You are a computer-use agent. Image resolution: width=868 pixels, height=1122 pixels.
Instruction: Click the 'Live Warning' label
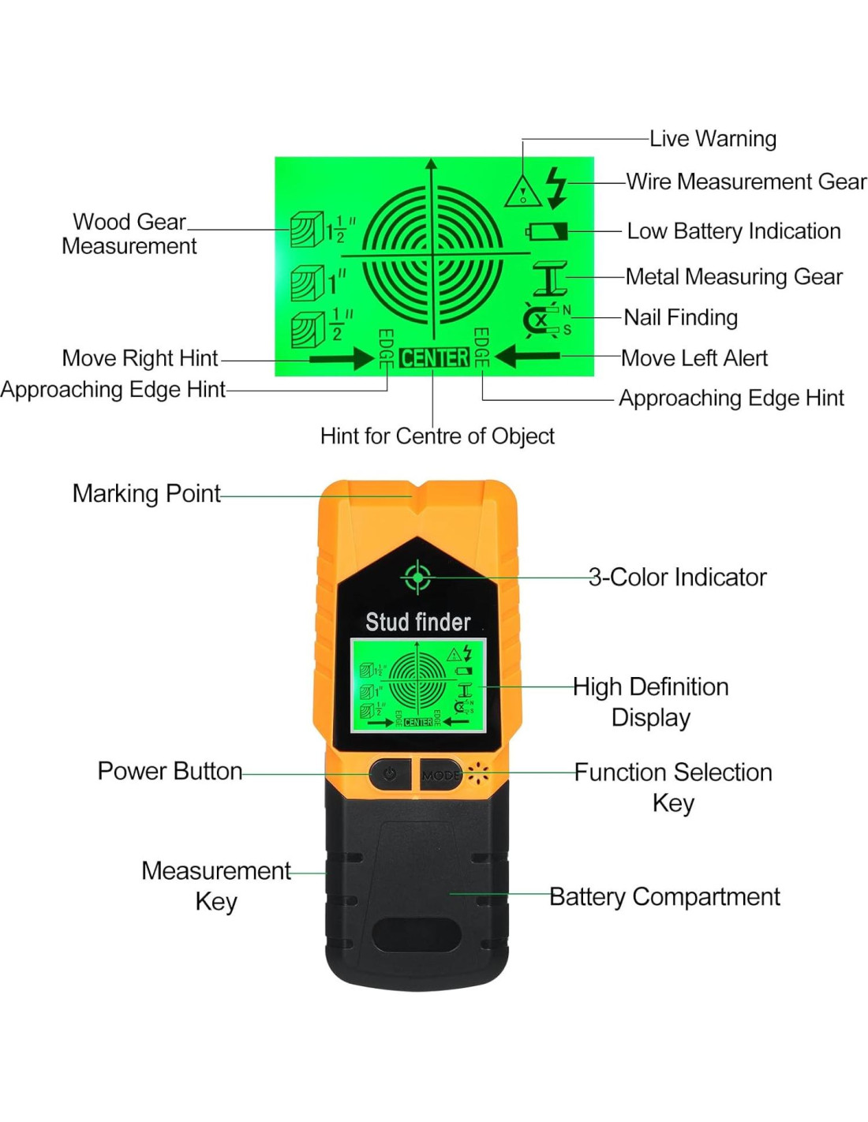pyautogui.click(x=712, y=139)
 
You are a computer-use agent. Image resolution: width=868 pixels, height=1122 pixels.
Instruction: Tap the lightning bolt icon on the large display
pyautogui.click(x=556, y=188)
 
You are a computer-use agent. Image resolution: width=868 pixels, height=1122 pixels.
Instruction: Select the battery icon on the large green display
pyautogui.click(x=547, y=231)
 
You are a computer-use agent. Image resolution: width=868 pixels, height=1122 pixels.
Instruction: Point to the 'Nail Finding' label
pyautogui.click(x=680, y=317)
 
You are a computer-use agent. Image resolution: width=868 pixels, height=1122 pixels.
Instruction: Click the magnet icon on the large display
pyautogui.click(x=540, y=320)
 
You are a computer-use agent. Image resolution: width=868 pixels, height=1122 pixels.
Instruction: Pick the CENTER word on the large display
pyautogui.click(x=434, y=357)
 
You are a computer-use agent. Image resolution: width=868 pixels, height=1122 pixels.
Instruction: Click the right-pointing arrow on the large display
pyautogui.click(x=342, y=358)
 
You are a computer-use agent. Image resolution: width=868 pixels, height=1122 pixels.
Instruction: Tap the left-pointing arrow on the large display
pyautogui.click(x=526, y=357)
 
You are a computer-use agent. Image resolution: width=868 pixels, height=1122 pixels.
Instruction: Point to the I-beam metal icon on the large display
pyautogui.click(x=550, y=279)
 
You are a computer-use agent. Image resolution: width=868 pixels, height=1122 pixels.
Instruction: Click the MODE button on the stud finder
pyautogui.click(x=440, y=775)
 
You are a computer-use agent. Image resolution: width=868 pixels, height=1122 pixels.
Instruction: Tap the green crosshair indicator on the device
pyautogui.click(x=417, y=578)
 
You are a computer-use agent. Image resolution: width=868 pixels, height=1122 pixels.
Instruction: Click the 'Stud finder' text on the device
pyautogui.click(x=417, y=622)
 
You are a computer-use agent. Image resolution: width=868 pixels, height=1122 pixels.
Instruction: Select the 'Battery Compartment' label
pyautogui.click(x=664, y=897)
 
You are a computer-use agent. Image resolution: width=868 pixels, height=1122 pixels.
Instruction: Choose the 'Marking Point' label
pyautogui.click(x=147, y=494)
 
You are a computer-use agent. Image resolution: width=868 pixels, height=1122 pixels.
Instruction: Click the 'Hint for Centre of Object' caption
pyautogui.click(x=437, y=436)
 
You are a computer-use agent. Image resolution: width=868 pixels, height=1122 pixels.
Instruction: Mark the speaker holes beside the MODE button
pyautogui.click(x=477, y=773)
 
